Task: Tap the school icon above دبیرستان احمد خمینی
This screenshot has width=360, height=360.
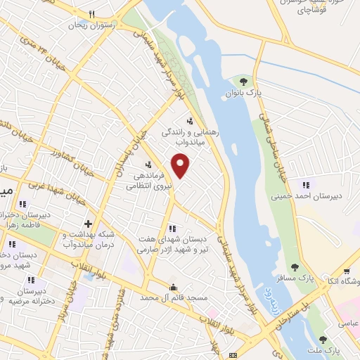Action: [x=304, y=185]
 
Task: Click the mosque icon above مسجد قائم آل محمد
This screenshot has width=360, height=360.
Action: [x=174, y=286]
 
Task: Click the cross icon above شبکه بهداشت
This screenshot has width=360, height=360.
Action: [x=88, y=223]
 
